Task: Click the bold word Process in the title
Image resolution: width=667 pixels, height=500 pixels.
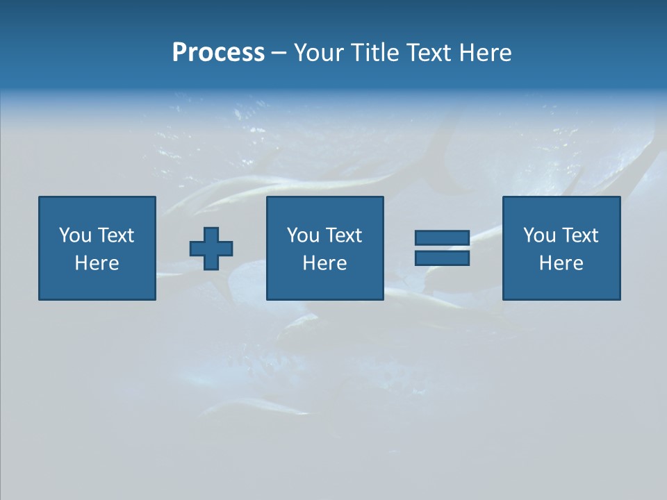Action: point(218,53)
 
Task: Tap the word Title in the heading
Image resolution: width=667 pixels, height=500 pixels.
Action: point(373,53)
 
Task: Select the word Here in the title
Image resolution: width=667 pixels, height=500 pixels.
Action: point(485,53)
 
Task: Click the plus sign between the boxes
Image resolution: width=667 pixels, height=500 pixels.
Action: point(211,249)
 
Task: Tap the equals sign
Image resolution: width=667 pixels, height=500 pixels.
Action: point(442,248)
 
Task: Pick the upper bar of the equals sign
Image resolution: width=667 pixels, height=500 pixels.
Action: point(442,238)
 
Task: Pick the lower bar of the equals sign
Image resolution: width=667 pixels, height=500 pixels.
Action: point(442,258)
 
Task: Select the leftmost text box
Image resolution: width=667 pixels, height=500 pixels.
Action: point(97,208)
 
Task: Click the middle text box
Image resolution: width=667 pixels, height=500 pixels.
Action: point(325,208)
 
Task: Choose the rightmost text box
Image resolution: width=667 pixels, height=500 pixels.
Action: point(561,208)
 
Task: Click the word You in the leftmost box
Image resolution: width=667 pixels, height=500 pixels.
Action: point(74,235)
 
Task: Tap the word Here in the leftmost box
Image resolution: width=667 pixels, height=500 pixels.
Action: point(97,263)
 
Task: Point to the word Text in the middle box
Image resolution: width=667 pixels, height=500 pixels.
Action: point(344,235)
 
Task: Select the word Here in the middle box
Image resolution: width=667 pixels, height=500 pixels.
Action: point(325,263)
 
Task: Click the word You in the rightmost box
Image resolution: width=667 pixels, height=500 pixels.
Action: point(538,235)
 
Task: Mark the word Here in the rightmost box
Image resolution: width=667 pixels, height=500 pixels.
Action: point(561,263)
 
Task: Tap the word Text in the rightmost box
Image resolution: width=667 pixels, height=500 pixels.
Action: point(580,235)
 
